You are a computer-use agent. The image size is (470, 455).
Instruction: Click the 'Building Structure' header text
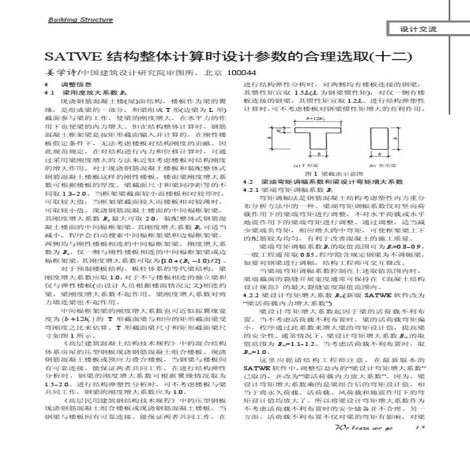point(80,20)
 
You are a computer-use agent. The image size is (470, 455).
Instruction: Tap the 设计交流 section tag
point(418,29)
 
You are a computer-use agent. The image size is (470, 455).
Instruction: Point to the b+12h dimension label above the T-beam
point(310,118)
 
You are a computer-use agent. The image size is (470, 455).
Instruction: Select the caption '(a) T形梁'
point(305,165)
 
